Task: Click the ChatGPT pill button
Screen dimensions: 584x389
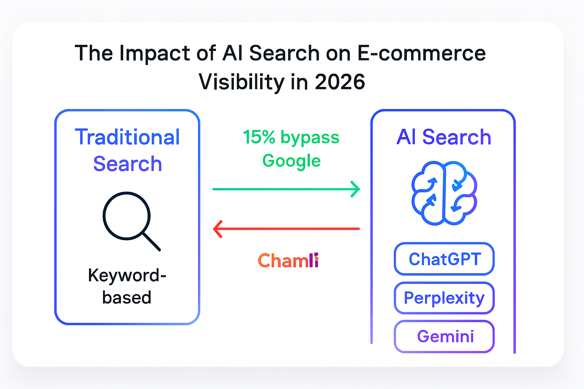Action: tap(444, 259)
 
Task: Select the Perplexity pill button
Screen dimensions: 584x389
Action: tap(444, 298)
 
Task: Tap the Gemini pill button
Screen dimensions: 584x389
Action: tap(444, 336)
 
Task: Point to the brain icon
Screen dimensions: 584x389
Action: tap(444, 193)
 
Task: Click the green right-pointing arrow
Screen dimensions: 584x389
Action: tap(286, 189)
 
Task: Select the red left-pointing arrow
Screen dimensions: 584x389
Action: tap(286, 229)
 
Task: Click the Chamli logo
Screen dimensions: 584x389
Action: tap(288, 260)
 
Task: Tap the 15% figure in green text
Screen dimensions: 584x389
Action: tap(259, 137)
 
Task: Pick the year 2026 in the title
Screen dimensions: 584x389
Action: tap(340, 82)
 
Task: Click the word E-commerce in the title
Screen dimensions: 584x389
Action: tap(421, 53)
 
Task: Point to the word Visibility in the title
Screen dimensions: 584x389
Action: tap(241, 82)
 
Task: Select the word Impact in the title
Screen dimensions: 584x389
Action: tap(155, 54)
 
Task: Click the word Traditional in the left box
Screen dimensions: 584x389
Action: tap(127, 137)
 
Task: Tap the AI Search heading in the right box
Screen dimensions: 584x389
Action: tap(444, 137)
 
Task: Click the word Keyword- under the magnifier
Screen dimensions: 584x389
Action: tap(127, 276)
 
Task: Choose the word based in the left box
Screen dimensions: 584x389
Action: tap(127, 297)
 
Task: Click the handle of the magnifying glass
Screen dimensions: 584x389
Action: tap(151, 242)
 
